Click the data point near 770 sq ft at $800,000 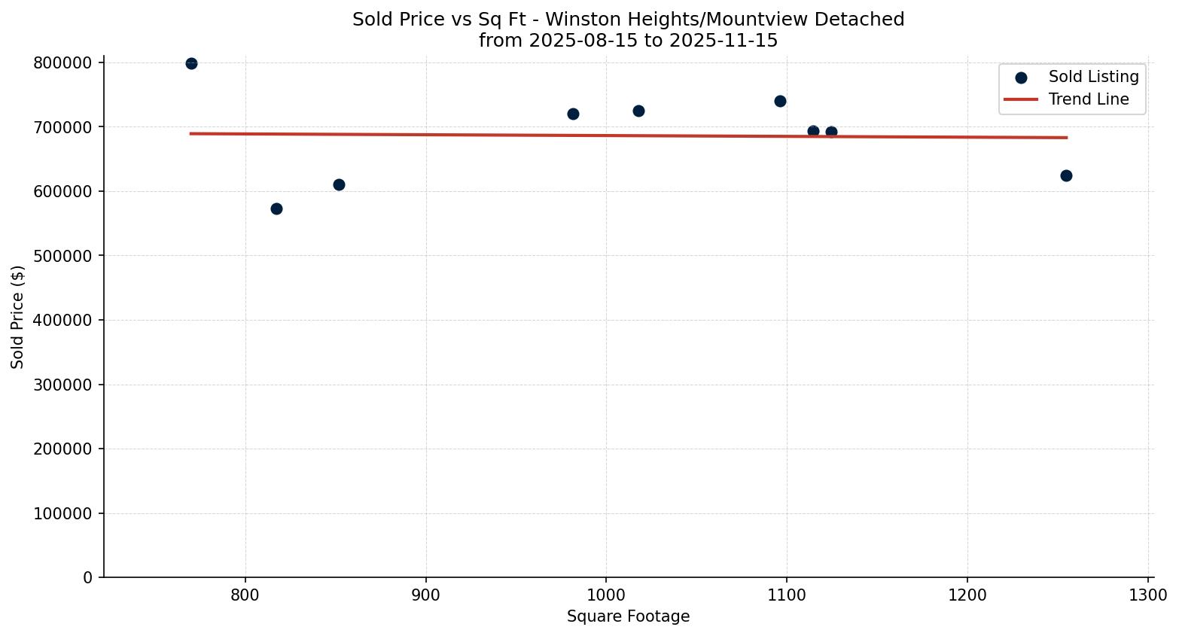191,64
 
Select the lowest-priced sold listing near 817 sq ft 276,208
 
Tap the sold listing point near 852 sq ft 339,184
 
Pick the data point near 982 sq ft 573,114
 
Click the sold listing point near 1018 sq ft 638,111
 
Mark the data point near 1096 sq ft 780,101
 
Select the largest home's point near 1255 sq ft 1066,175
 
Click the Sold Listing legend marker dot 1021,78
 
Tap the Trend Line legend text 1088,99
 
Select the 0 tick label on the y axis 88,577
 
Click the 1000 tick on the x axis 606,595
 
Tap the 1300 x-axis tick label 1148,595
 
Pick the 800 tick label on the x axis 245,595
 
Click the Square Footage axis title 628,616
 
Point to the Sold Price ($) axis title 18,317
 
